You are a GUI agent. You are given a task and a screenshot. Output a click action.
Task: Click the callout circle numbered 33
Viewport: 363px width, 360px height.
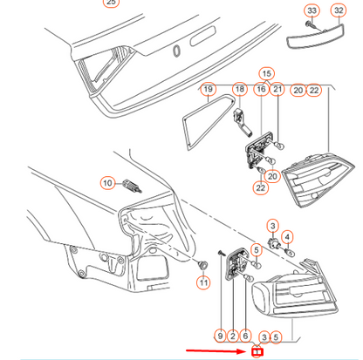pyautogui.click(x=312, y=11)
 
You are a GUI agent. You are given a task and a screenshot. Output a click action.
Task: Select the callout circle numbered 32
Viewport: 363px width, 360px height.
pyautogui.click(x=339, y=10)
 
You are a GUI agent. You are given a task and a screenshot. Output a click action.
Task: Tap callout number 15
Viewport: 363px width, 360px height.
pyautogui.click(x=267, y=74)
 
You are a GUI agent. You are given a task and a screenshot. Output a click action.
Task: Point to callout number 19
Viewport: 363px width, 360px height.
pyautogui.click(x=209, y=89)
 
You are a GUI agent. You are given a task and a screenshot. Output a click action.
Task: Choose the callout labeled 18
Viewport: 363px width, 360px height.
pyautogui.click(x=240, y=89)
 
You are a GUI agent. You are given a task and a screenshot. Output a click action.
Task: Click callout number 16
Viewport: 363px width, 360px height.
pyautogui.click(x=261, y=90)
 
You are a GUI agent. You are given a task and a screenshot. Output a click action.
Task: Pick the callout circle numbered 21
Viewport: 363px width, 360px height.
pyautogui.click(x=277, y=89)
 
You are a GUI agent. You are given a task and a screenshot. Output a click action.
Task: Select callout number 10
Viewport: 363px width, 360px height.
pyautogui.click(x=107, y=183)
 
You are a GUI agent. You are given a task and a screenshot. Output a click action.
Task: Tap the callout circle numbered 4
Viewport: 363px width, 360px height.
pyautogui.click(x=287, y=237)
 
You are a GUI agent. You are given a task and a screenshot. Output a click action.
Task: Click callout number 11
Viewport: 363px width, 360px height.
pyautogui.click(x=203, y=282)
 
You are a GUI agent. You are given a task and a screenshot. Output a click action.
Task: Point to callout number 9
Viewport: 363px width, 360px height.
pyautogui.click(x=220, y=336)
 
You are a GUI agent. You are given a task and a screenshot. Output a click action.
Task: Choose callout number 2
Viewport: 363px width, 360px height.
pyautogui.click(x=233, y=336)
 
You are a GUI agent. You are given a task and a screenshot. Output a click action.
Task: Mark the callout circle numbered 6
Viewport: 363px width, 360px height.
pyautogui.click(x=245, y=336)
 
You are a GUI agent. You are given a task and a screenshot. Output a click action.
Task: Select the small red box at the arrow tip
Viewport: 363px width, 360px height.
pyautogui.click(x=257, y=352)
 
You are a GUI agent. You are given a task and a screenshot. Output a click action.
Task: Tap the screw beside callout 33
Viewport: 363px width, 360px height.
pyautogui.click(x=309, y=25)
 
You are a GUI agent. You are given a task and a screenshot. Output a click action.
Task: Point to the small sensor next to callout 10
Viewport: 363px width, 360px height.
pyautogui.click(x=133, y=186)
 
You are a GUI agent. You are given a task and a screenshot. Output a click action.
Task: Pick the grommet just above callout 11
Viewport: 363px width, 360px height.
pyautogui.click(x=202, y=264)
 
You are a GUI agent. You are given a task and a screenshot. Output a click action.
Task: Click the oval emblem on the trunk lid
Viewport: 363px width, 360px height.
pyautogui.click(x=176, y=51)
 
